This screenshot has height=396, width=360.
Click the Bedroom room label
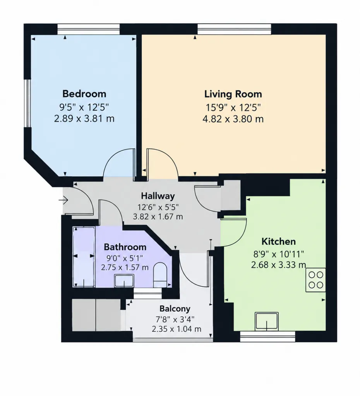click(84, 94)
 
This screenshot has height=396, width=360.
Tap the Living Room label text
click(233, 94)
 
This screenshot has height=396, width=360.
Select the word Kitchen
click(278, 241)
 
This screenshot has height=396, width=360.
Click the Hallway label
click(158, 196)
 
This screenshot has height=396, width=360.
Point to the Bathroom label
click(125, 247)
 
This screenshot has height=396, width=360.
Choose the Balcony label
click(175, 309)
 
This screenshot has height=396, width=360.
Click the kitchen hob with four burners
click(315, 280)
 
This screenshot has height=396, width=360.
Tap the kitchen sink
click(267, 321)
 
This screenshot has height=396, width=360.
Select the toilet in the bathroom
click(160, 275)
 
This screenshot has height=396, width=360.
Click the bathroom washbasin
click(124, 281)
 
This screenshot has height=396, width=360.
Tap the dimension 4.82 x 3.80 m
click(233, 119)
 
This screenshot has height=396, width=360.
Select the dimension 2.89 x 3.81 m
click(84, 118)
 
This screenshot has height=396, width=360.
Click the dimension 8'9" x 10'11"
click(279, 254)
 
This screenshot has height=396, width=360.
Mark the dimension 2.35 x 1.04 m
click(177, 329)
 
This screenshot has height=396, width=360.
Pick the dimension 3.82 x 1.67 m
click(158, 217)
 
